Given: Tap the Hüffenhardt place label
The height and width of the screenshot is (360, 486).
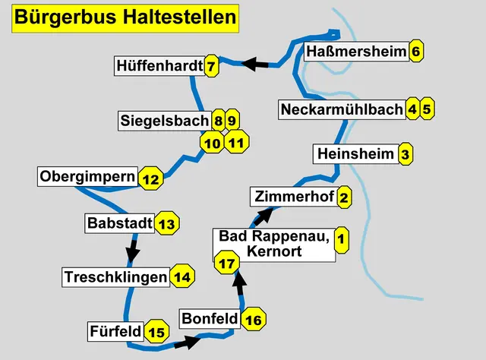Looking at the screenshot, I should point(159,67).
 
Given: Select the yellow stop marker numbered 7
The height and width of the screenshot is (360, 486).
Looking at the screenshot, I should point(212,67).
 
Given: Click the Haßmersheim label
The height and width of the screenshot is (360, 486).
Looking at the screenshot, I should point(355,52).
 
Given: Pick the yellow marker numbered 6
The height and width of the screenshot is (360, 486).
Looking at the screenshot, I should point(415,52).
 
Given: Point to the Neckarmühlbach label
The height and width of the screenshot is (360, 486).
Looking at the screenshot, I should point(341,109).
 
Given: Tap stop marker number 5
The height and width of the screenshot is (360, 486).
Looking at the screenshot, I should point(427,109).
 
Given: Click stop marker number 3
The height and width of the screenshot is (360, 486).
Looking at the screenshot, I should point(406,154).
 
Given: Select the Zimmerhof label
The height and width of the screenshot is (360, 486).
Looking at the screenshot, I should point(292,197).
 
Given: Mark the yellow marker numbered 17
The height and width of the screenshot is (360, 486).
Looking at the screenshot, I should point(226,264).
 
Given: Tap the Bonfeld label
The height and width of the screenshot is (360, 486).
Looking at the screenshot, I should point(209,319).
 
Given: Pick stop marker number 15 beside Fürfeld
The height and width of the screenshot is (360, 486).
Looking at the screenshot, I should point(156,332).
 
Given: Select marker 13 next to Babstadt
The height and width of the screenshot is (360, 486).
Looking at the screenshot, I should point(167,224).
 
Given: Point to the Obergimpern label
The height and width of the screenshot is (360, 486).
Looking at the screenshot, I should point(87,178).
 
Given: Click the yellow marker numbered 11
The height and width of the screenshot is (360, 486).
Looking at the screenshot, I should point(236,141).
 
